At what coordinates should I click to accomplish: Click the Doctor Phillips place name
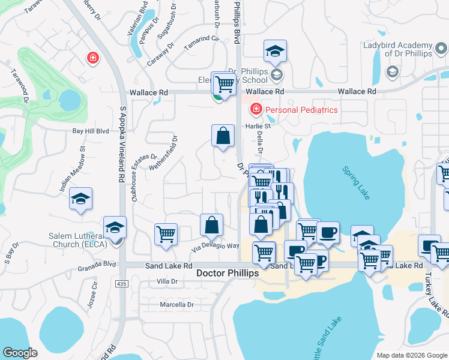click(228, 273)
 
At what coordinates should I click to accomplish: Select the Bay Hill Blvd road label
click(90, 131)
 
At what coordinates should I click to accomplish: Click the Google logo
click(20, 352)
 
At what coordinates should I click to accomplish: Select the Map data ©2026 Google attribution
click(411, 355)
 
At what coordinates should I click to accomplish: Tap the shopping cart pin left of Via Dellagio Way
click(166, 234)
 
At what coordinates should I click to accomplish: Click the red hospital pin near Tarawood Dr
click(92, 58)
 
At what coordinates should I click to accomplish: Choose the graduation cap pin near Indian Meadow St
click(80, 199)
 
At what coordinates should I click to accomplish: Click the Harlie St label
click(258, 126)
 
